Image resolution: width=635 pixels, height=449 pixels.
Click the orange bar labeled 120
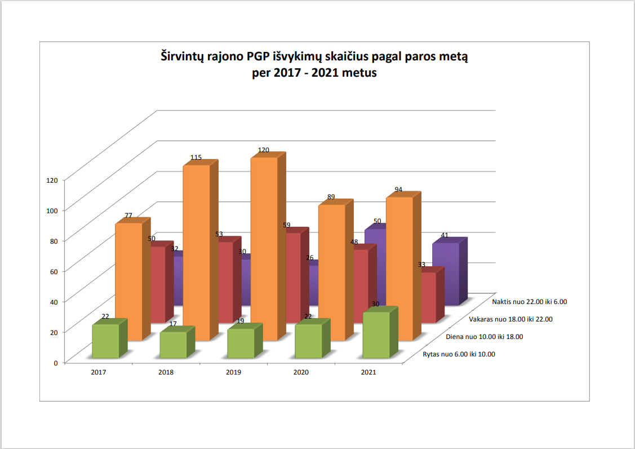(x=264, y=248)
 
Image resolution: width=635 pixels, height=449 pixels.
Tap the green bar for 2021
(x=376, y=335)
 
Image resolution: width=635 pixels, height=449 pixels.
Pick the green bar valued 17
(x=173, y=345)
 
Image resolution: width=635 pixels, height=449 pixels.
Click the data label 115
(x=196, y=158)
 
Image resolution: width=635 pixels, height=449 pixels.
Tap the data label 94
(x=398, y=190)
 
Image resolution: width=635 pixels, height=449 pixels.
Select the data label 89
(x=331, y=197)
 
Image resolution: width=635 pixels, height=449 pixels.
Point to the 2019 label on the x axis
(x=233, y=373)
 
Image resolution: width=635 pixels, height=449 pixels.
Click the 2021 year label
(x=368, y=373)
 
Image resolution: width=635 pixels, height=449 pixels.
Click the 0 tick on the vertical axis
(x=55, y=363)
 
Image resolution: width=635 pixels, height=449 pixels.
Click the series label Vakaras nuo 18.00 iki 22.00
(x=510, y=319)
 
